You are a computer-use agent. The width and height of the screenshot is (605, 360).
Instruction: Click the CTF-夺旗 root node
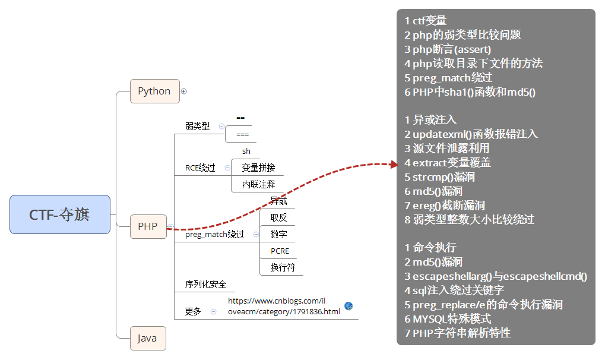tap(60, 214)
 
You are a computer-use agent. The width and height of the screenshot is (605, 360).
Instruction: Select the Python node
tap(154, 91)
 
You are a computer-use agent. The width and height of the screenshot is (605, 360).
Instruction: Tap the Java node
tap(147, 338)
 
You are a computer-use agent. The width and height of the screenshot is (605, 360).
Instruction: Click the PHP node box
tap(148, 226)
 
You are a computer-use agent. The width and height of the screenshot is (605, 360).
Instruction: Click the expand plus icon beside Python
tap(183, 91)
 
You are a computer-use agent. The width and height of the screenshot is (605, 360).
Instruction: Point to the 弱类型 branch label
tap(197, 126)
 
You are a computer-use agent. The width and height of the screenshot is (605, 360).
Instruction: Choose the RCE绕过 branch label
tap(200, 168)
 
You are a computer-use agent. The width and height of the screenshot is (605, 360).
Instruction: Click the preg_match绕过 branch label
tap(214, 235)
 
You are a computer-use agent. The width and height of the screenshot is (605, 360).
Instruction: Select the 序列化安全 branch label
tap(205, 285)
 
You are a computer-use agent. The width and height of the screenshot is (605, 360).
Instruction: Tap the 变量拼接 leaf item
tap(258, 168)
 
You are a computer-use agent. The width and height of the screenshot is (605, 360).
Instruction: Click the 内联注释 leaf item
tap(258, 184)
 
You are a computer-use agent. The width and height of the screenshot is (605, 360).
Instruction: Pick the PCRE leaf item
tap(280, 251)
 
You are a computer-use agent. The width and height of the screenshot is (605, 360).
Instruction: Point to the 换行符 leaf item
tap(283, 267)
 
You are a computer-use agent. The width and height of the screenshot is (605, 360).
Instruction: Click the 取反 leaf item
tap(278, 217)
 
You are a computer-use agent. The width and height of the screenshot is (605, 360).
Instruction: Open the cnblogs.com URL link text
tap(284, 307)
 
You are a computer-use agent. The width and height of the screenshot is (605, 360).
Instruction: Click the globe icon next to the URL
tap(349, 306)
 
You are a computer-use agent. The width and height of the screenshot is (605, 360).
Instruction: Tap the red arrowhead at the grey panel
tap(393, 164)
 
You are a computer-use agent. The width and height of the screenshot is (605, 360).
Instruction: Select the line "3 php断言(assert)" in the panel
tap(452, 49)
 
